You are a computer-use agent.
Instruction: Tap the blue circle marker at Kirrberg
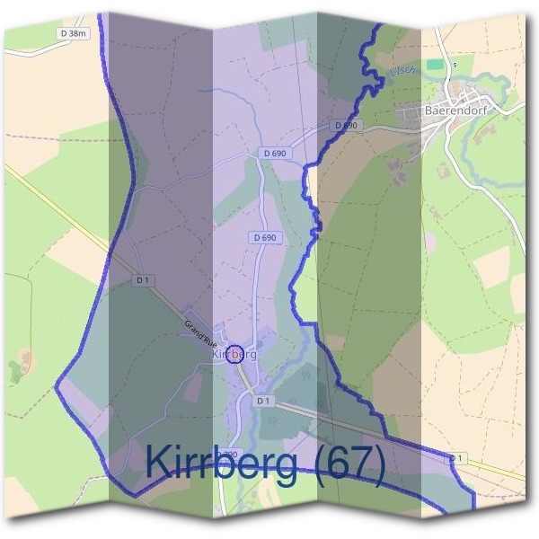(x=235, y=355)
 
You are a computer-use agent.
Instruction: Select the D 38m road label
(x=73, y=33)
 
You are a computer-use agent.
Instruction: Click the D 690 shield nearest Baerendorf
(x=346, y=126)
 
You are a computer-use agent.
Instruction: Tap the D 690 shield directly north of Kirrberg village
(x=263, y=237)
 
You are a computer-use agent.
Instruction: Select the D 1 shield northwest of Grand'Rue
(x=142, y=280)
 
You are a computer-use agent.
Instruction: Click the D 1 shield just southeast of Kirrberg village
(x=262, y=400)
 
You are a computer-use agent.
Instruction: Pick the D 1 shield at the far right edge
(x=457, y=458)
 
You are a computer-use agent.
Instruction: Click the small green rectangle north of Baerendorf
(x=435, y=66)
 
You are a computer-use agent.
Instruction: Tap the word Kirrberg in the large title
(x=225, y=464)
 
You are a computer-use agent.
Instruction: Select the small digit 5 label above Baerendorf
(x=455, y=65)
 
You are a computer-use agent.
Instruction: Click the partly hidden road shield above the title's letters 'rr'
(x=230, y=452)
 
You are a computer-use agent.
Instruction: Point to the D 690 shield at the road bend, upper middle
(x=275, y=154)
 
